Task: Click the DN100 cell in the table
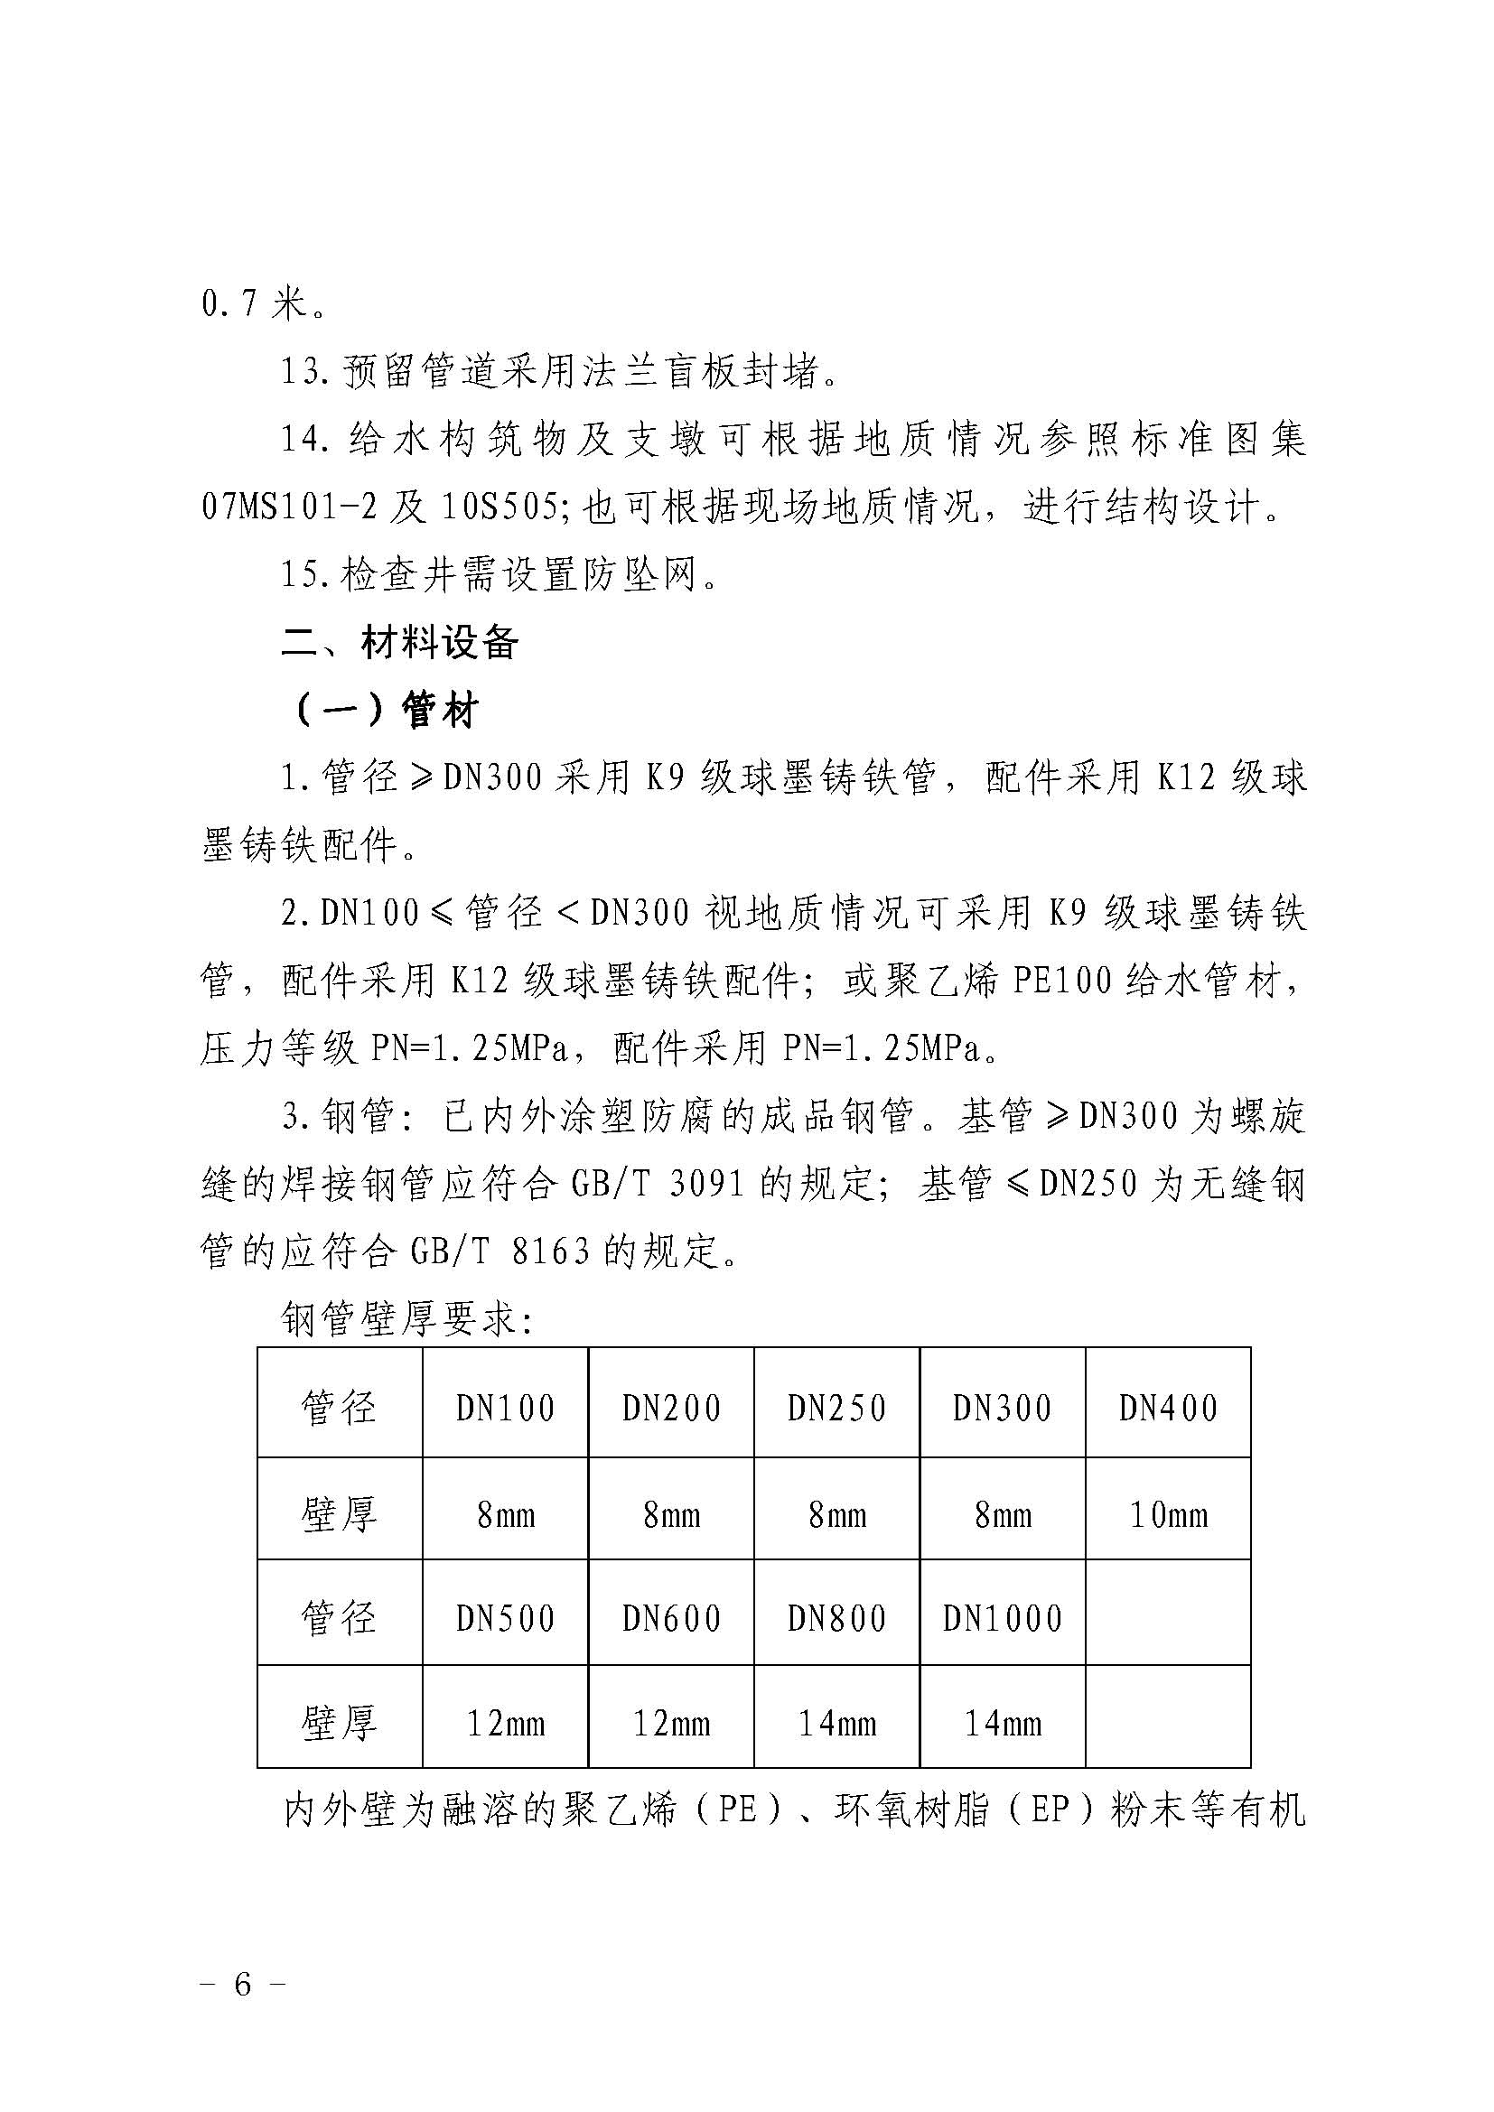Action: pyautogui.click(x=505, y=1409)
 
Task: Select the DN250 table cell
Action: pyautogui.click(x=836, y=1409)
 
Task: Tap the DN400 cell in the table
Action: pyautogui.click(x=1167, y=1409)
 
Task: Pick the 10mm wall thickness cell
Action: pyautogui.click(x=1167, y=1514)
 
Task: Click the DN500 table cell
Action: pyautogui.click(x=505, y=1619)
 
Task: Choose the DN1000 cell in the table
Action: pyautogui.click(x=1002, y=1619)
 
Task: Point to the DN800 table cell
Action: pyautogui.click(x=836, y=1619)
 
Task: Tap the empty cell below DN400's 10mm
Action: pyautogui.click(x=1167, y=1619)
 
